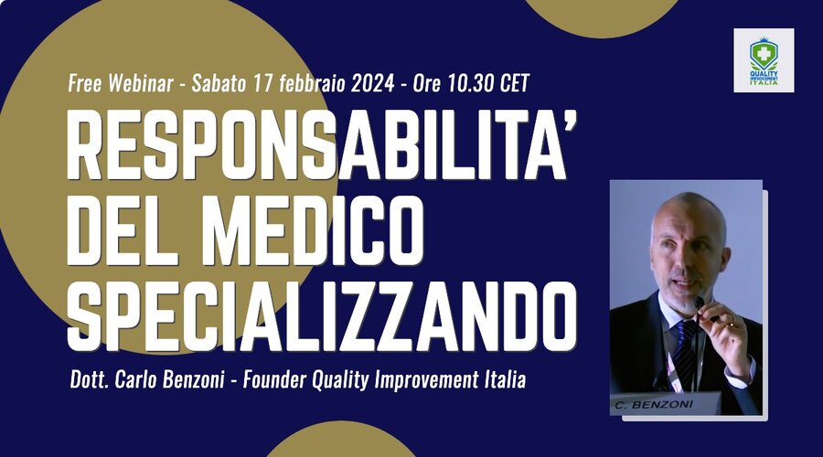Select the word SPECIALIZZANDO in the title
322,316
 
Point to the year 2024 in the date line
373,83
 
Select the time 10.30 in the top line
468,83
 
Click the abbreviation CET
514,83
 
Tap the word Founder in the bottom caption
274,379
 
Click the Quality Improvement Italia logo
764,60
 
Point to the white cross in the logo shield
764,54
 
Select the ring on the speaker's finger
731,324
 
